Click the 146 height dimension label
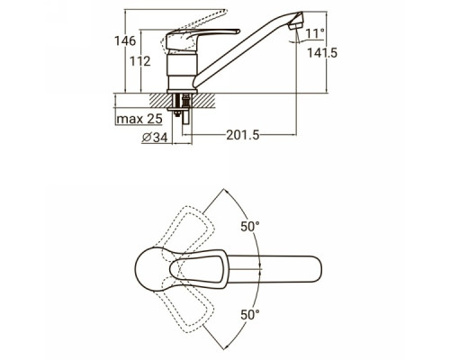125,40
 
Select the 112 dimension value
140,61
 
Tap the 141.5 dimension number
322,53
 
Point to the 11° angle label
315,33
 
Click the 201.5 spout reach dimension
242,135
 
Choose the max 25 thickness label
139,119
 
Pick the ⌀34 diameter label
155,138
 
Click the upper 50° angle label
250,227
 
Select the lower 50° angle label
250,315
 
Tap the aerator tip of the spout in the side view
297,21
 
